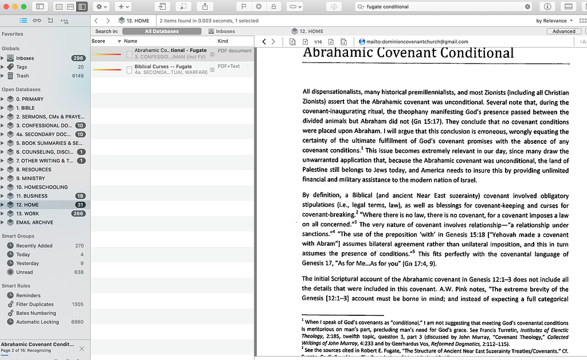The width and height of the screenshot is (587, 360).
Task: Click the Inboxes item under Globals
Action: [25, 58]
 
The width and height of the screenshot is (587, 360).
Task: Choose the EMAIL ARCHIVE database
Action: [34, 222]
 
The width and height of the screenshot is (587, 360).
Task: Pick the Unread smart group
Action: [25, 272]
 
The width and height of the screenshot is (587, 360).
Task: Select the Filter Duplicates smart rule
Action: [35, 304]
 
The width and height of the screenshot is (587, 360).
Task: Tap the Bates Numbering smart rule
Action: [36, 313]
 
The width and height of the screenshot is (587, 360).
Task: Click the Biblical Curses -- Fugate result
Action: [163, 67]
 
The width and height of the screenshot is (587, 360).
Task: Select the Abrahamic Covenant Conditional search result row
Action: [170, 50]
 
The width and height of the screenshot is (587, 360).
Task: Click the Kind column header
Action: [223, 41]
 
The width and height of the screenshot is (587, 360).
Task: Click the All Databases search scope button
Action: [162, 32]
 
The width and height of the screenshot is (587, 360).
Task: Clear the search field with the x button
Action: [527, 7]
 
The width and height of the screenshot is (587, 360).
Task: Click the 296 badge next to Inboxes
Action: [78, 58]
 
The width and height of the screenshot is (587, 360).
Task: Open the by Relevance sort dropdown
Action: [554, 21]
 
